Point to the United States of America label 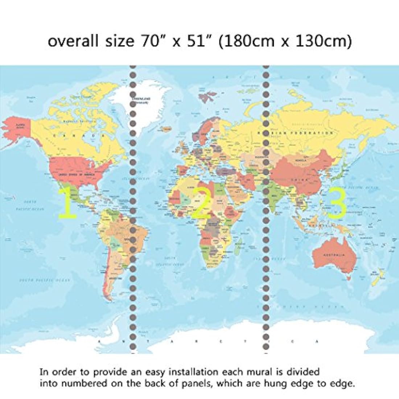(x=77, y=174)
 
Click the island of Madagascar (x=236, y=249)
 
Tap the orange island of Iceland (x=168, y=128)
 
